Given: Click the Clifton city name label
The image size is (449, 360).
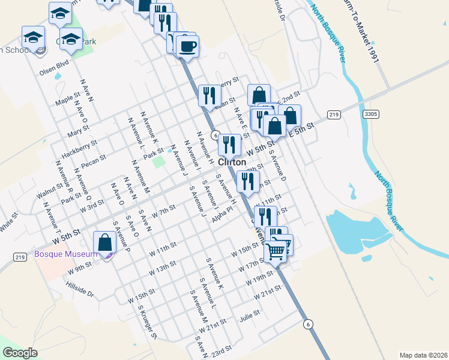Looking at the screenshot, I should click(232, 162).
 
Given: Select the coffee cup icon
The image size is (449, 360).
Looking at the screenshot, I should click(187, 46).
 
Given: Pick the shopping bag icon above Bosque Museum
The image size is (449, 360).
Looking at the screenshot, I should click(105, 243).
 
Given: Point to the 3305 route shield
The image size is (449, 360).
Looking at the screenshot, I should click(371, 113).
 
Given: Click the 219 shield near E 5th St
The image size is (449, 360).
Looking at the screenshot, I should click(334, 115).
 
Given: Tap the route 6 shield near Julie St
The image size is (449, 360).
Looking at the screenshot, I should click(308, 324).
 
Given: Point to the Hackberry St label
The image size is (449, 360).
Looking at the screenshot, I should click(79, 147).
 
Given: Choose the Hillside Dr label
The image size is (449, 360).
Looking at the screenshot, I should click(82, 289).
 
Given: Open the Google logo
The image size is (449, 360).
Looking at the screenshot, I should click(20, 353).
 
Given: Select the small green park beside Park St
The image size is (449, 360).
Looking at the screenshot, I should click(158, 161).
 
